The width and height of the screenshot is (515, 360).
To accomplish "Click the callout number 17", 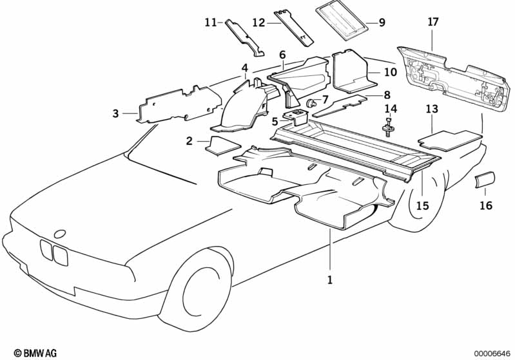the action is click(x=433, y=23).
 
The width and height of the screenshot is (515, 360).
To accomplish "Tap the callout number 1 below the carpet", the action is click(x=330, y=280).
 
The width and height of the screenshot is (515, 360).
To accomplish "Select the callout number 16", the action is click(x=486, y=205).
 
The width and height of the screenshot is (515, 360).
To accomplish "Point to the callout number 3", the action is click(x=115, y=113).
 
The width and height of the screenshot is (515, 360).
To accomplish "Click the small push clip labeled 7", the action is click(x=311, y=104).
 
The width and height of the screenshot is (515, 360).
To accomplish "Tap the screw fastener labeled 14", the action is click(x=388, y=129).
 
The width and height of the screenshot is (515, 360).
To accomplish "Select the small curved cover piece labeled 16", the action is click(x=485, y=179).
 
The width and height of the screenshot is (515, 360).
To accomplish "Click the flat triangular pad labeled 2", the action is click(x=222, y=146).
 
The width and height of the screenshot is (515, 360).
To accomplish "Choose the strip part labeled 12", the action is click(x=293, y=28).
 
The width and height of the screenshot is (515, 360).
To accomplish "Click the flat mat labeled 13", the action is click(x=450, y=141).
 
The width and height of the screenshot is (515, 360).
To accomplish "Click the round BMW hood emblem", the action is click(x=60, y=234).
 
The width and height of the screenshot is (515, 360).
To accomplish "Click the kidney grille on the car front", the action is click(x=54, y=251).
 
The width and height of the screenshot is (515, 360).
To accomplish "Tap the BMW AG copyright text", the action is click(x=35, y=353).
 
